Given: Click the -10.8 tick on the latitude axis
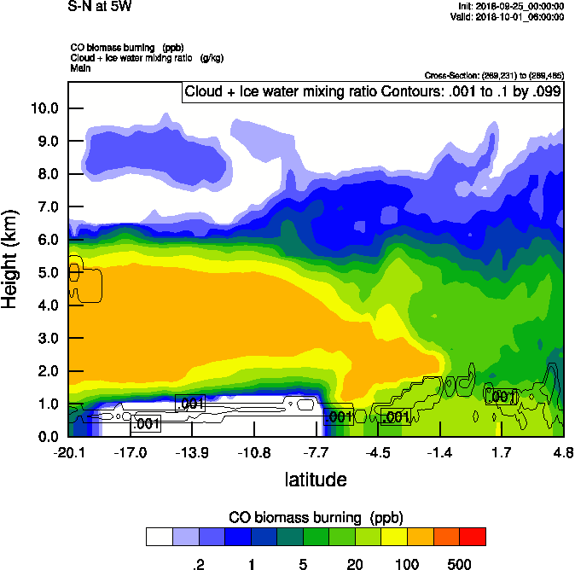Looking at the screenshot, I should point(254,453).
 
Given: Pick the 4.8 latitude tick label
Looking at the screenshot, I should point(562,453).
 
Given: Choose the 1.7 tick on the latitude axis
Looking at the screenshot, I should point(501,453).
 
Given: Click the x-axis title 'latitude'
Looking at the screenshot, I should point(316,480).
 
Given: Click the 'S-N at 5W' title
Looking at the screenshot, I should point(100,7).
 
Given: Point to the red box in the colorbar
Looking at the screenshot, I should point(472,536).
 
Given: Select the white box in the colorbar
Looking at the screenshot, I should point(160,536).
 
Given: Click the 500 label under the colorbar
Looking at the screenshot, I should point(459,564).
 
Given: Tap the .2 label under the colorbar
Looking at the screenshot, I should point(199,564).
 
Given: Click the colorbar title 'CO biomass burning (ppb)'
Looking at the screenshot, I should point(316,517).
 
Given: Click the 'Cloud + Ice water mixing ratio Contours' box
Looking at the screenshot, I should point(372,92).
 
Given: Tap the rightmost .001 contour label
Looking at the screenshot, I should point(502,397).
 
